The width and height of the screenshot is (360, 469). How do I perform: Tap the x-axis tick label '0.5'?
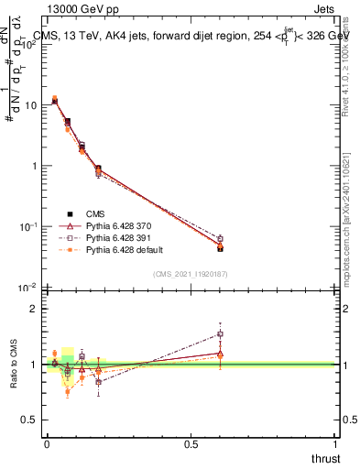click(x=191, y=444)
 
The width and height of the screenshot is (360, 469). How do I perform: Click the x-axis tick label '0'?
click(x=47, y=444)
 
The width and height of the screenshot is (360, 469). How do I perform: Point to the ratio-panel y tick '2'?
click(x=34, y=309)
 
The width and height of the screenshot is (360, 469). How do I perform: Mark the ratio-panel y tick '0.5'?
click(x=30, y=420)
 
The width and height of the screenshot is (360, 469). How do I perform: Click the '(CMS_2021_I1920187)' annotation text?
click(x=190, y=274)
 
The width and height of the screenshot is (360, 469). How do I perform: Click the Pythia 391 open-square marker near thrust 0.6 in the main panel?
click(x=220, y=239)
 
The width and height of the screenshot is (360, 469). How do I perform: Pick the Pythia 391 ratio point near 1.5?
click(x=220, y=333)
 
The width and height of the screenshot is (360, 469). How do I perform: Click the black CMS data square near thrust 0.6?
click(x=220, y=248)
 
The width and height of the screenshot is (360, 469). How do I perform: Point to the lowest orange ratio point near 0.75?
click(x=68, y=391)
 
